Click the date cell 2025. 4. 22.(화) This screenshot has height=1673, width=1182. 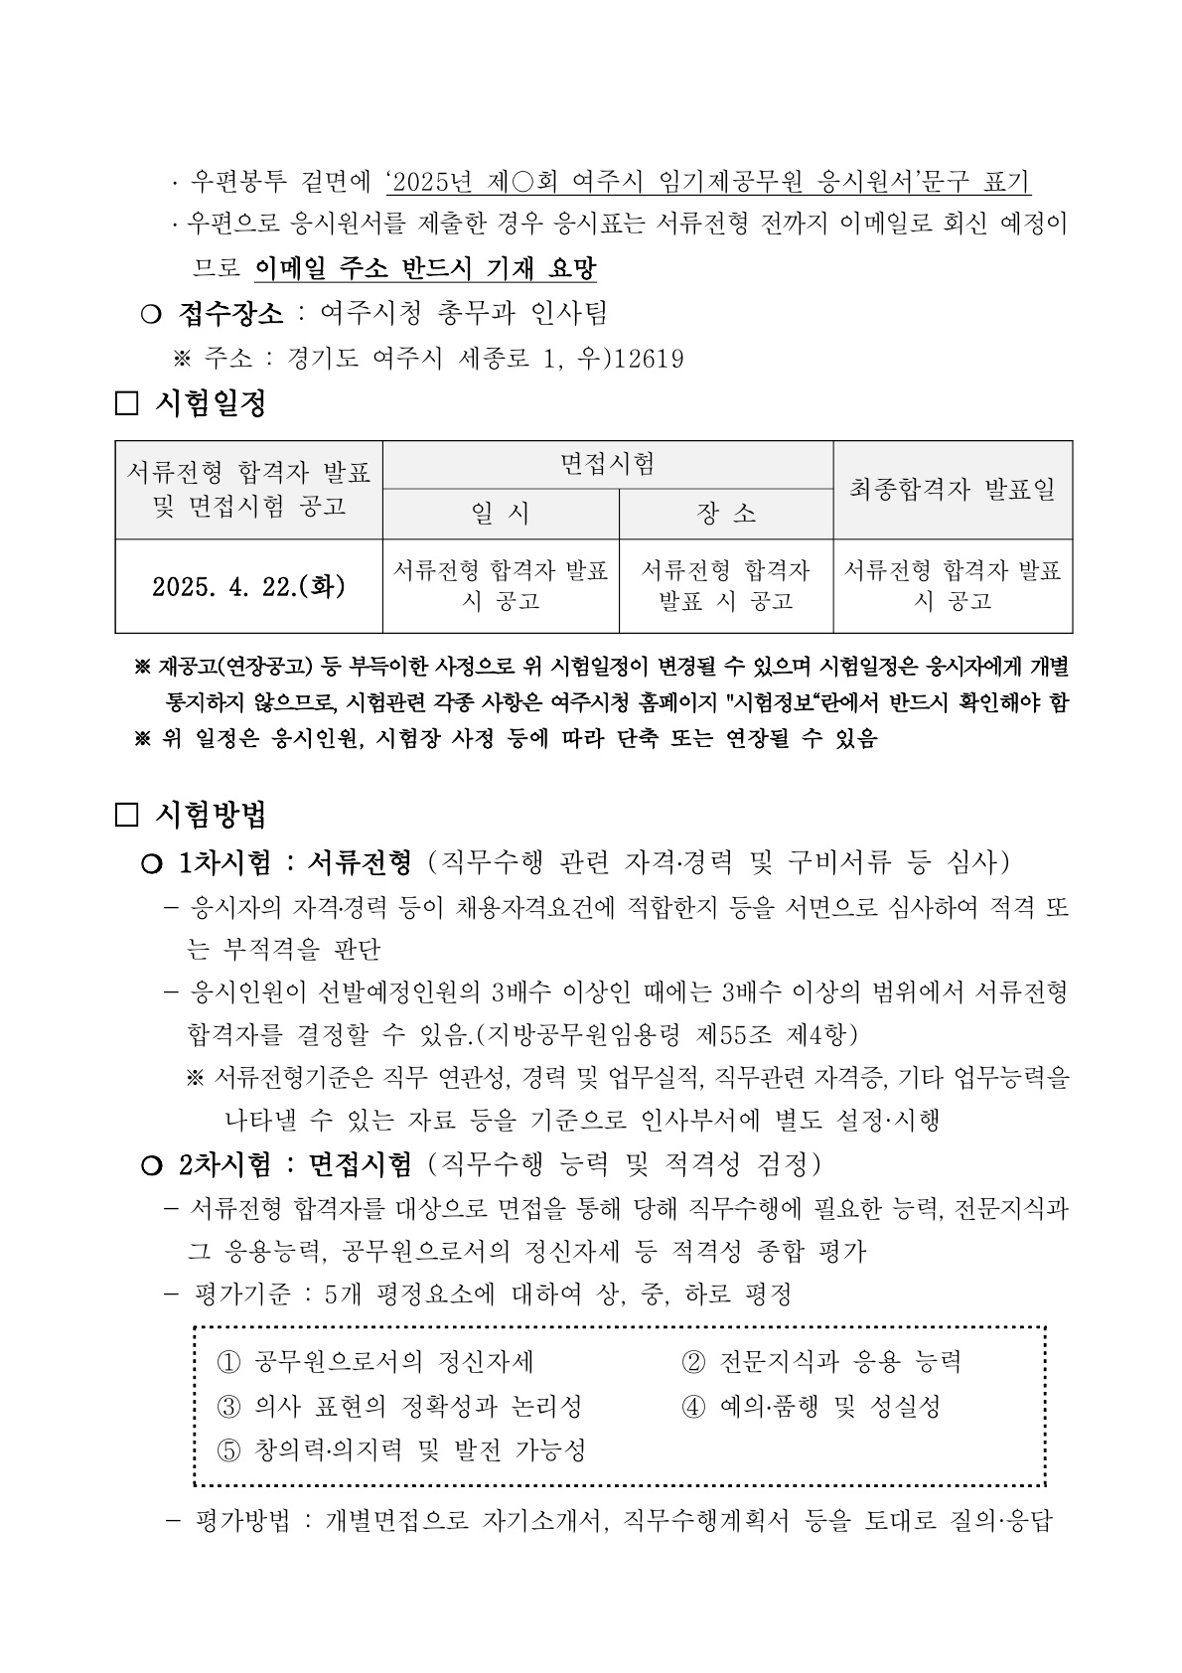point(248,586)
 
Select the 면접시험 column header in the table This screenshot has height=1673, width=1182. point(607,464)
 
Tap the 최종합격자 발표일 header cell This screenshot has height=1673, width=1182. point(953,489)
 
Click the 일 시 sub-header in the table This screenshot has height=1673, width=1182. point(501,514)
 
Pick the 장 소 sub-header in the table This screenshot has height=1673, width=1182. point(726,514)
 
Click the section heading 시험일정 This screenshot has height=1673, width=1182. point(211,403)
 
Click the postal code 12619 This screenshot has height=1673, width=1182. point(650,359)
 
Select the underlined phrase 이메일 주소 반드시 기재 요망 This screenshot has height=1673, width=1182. point(426,268)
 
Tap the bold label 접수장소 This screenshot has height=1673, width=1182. point(230,314)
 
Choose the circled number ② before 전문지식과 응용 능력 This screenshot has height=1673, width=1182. point(693,1362)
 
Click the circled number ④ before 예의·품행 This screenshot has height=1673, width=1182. point(693,1407)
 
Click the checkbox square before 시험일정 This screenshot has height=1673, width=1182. point(127,404)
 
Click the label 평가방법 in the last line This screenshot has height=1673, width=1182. point(242,1522)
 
